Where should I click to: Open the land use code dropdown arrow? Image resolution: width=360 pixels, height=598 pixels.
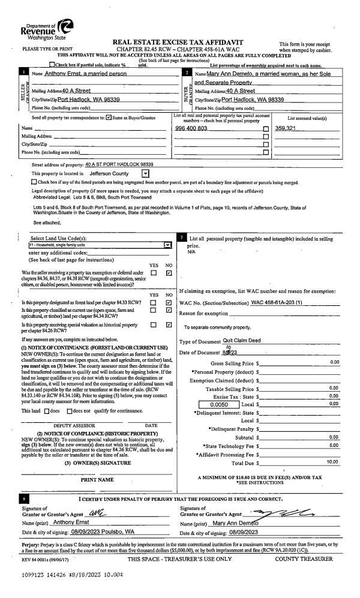167,245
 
